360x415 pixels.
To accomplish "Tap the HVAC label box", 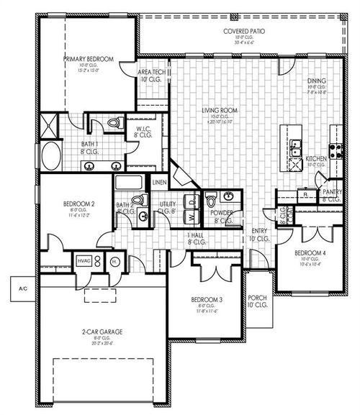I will pos(84,262).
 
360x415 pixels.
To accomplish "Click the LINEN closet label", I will pos(159,181).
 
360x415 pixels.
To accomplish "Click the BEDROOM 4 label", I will pos(310,252).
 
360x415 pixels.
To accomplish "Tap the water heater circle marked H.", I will pos(114,263).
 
